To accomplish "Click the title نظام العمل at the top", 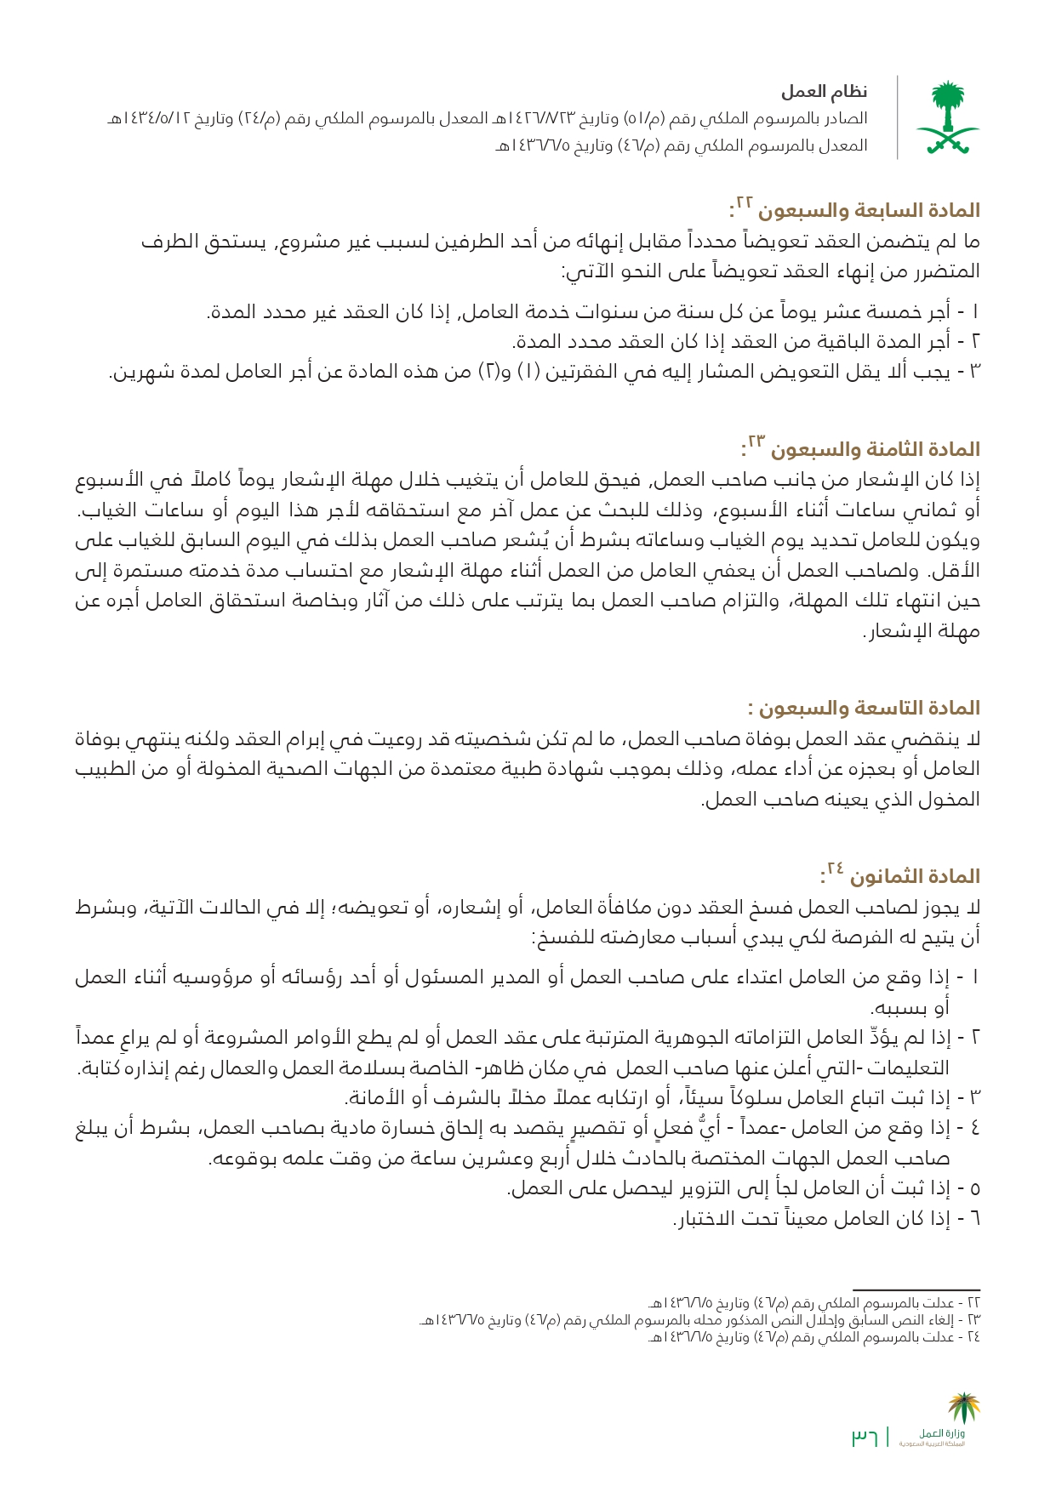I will (x=824, y=92).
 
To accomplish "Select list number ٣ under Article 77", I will (x=975, y=372).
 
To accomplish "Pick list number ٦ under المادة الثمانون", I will (x=975, y=1219).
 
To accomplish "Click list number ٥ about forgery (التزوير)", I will (x=975, y=1188).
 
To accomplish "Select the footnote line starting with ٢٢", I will (x=813, y=1303).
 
